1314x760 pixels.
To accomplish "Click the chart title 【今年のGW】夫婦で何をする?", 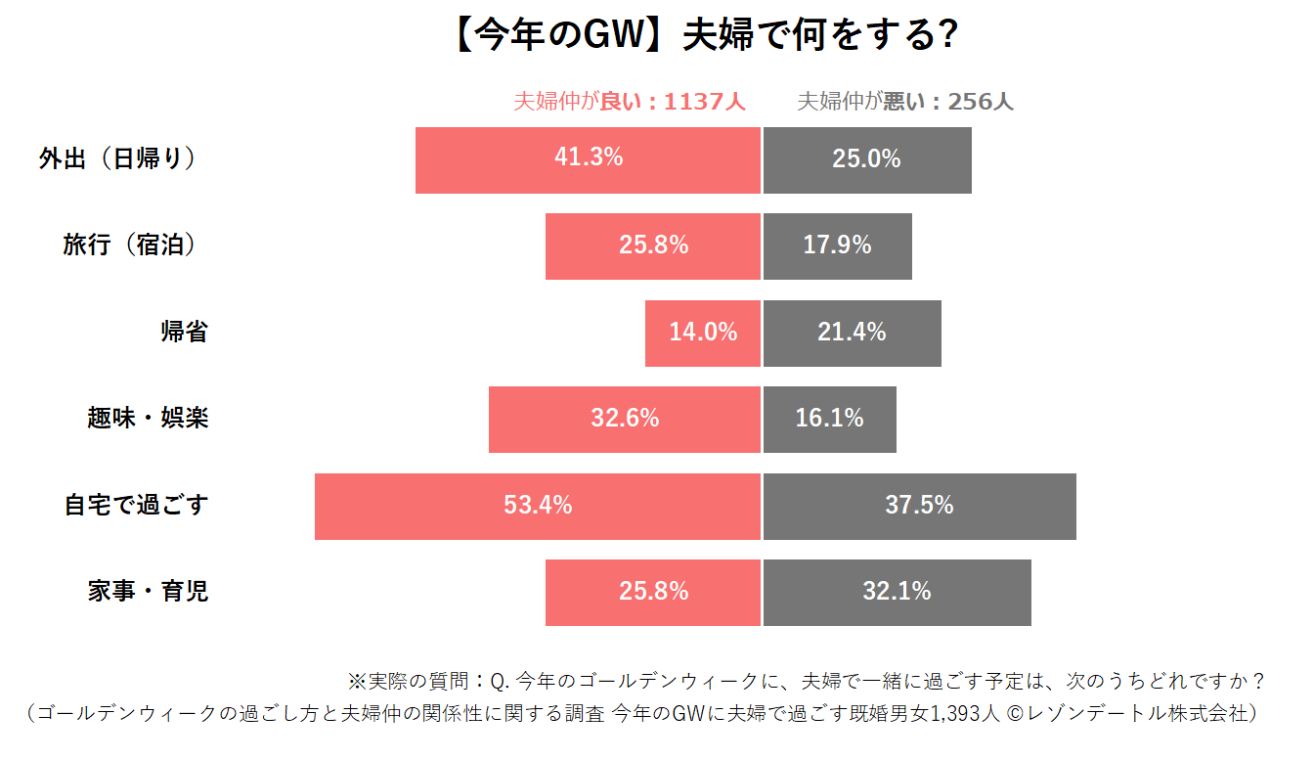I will pos(704,36).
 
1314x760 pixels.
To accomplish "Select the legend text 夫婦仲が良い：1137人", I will pos(630,102).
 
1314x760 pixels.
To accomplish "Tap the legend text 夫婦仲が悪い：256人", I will pos(905,102).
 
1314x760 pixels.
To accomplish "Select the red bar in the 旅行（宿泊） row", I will pos(653,246).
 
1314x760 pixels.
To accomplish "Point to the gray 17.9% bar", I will pos(837,246).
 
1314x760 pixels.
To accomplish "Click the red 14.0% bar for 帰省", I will pos(703,334).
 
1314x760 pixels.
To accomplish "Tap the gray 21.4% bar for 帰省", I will pos(852,334).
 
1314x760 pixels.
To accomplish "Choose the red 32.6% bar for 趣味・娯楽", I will pos(625,420).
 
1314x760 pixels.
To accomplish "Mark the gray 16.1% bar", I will pos(829,420).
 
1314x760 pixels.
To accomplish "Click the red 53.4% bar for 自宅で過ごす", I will pos(538,507).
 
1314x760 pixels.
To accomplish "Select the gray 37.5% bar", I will pos(919,507).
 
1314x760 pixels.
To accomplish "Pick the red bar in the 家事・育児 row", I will pos(653,593).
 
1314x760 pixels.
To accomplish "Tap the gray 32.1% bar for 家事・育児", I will pos(897,593).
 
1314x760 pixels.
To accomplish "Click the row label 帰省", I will pos(184,333).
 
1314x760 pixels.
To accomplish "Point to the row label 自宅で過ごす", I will pos(136,506).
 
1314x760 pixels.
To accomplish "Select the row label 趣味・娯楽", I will pos(148,419).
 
